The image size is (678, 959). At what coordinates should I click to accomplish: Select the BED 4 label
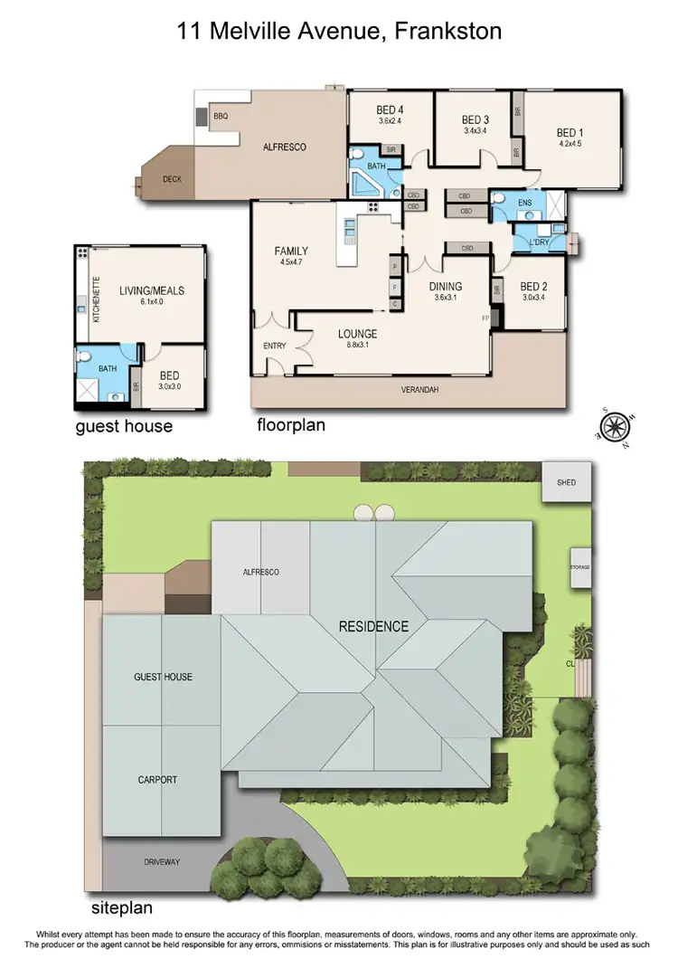[390, 111]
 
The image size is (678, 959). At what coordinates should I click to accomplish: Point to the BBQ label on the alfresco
[221, 117]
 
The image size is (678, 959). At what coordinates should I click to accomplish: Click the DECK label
[172, 179]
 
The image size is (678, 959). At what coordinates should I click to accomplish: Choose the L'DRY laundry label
[526, 242]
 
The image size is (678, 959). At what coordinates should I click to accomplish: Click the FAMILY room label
[292, 252]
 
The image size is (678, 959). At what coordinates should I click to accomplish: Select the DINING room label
[446, 287]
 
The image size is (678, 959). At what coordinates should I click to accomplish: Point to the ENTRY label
[273, 345]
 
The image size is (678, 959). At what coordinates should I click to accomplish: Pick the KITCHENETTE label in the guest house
[96, 291]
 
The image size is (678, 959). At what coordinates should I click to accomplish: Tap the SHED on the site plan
[566, 482]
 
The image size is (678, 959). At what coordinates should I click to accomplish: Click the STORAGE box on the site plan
[579, 567]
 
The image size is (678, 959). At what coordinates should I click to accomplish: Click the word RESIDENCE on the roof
[373, 626]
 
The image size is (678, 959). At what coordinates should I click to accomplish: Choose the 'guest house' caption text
[125, 425]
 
